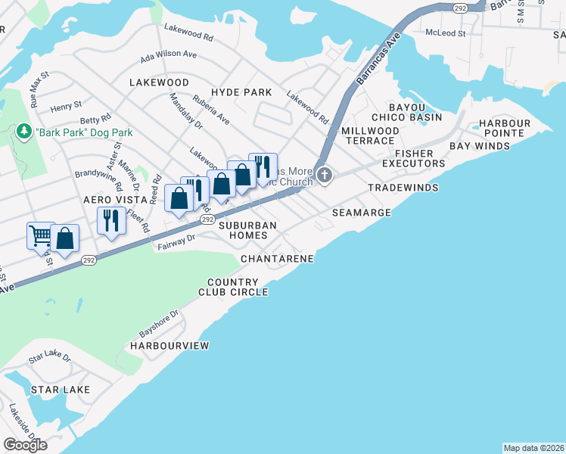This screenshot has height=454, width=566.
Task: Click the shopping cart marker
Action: click(41, 235)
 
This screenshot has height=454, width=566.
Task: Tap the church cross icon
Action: click(325, 176)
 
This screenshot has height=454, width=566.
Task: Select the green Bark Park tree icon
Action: click(24, 132)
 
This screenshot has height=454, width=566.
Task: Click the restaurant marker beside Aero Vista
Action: click(111, 220)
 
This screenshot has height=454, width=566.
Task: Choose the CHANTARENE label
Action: click(277, 259)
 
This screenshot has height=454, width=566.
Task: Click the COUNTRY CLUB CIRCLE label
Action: click(234, 287)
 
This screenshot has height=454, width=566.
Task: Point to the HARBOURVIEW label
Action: click(169, 345)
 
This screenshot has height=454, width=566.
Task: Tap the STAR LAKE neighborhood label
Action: click(61, 390)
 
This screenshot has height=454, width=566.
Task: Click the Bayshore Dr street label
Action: click(158, 324)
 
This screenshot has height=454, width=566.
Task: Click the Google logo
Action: click(25, 445)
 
